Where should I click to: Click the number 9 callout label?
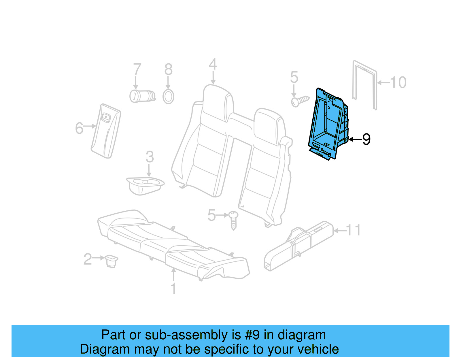coord(366,140)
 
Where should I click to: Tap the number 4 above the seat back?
coord(213,65)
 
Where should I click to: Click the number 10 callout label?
coord(398,82)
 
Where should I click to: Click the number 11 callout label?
coord(353,230)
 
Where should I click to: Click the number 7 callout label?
coord(137,69)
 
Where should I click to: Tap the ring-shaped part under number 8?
coord(168,97)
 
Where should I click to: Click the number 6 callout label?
coord(79,128)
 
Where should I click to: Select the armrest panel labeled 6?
coord(106,131)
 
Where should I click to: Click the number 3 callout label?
coord(150,157)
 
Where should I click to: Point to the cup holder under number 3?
coord(145,185)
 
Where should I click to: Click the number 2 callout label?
coord(87,259)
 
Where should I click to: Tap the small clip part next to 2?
coord(111,260)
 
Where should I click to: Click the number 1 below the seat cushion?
coord(173,289)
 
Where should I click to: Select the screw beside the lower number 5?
coord(233,220)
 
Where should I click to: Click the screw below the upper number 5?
coord(300,101)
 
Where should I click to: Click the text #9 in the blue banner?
coord(252,335)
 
